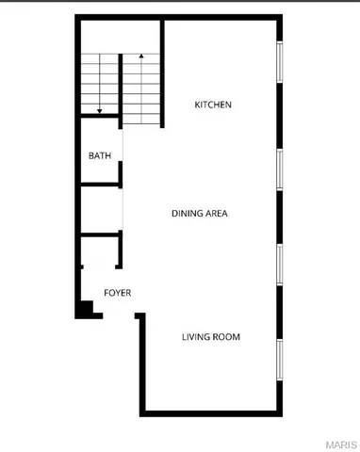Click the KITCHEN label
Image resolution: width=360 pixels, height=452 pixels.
point(213,105)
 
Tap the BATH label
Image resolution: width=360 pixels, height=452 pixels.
point(99,156)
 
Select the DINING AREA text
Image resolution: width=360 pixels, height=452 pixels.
point(199,213)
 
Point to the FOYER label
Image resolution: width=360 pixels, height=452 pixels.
point(117,293)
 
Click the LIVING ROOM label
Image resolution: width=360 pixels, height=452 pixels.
point(210,336)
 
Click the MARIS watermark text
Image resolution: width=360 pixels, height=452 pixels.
point(339,443)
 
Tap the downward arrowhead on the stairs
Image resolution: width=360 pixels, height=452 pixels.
point(98,110)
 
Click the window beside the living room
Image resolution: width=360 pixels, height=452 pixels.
point(280,359)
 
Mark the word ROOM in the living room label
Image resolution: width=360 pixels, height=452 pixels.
point(224,336)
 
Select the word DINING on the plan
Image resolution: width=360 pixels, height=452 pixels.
point(185,213)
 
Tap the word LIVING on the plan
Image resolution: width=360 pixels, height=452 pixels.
point(194,336)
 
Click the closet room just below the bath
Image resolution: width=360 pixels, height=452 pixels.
point(100,207)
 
